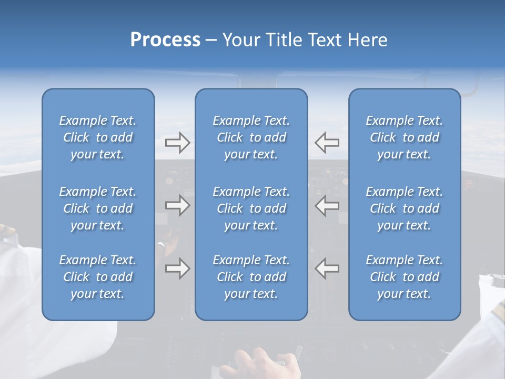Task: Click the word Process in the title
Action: coord(165,40)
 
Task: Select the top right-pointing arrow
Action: coord(177,142)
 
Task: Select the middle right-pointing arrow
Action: coord(177,205)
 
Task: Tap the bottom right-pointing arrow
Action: coord(177,268)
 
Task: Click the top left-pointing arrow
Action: coord(327,142)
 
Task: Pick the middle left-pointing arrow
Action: coord(327,205)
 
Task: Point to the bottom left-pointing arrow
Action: coord(327,268)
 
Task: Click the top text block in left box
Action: coord(98,137)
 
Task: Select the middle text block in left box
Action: coord(98,208)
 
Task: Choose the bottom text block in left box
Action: coord(98,277)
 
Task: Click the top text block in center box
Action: coord(251,137)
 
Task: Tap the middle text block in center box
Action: coord(251,208)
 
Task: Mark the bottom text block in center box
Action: coord(251,277)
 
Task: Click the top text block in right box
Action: coord(404,137)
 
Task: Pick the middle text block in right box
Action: coord(404,208)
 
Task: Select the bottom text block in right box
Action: coord(404,277)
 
